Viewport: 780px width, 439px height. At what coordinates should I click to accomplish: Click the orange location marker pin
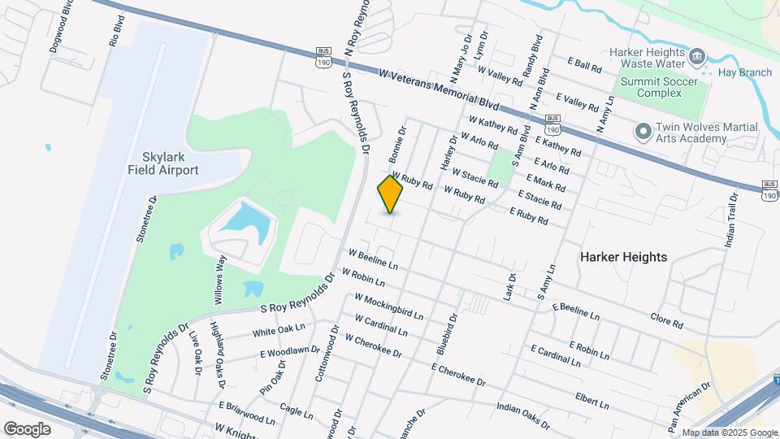tap(391, 194)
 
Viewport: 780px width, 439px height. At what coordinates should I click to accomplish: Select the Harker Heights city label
tap(623, 257)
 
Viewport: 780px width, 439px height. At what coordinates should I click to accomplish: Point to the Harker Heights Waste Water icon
tap(697, 56)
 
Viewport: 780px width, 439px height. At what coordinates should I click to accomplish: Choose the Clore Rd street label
tap(666, 319)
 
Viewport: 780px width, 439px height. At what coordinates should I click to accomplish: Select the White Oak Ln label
tap(278, 329)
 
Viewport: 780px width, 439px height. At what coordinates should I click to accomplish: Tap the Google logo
tap(27, 428)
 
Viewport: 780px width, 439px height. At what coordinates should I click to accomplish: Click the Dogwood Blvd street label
tap(56, 33)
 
